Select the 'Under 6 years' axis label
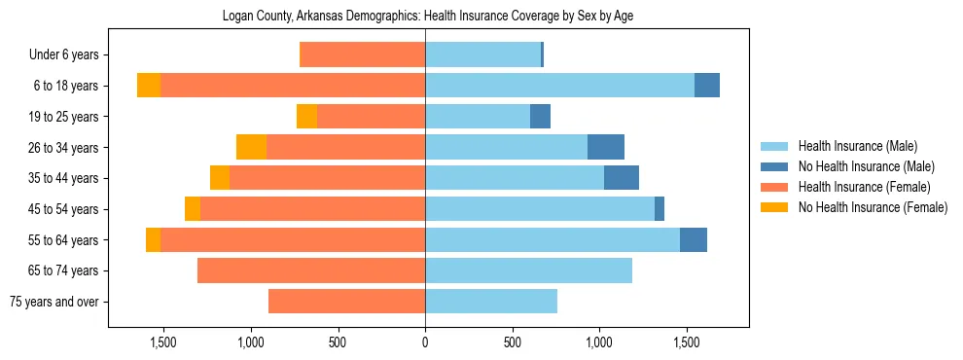pos(69,54)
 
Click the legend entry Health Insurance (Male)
pos(856,146)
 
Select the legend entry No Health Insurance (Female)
pos(873,207)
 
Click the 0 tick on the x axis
pos(425,342)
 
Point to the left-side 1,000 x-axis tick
pos(251,342)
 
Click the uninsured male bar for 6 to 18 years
pos(707,86)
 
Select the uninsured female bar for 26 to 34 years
pos(252,147)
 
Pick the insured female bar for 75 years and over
pos(346,302)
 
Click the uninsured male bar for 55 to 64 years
pos(694,239)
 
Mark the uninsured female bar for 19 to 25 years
pos(306,117)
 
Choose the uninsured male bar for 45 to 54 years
pos(660,209)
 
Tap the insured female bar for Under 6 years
pos(363,54)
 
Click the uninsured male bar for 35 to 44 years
pos(622,178)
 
